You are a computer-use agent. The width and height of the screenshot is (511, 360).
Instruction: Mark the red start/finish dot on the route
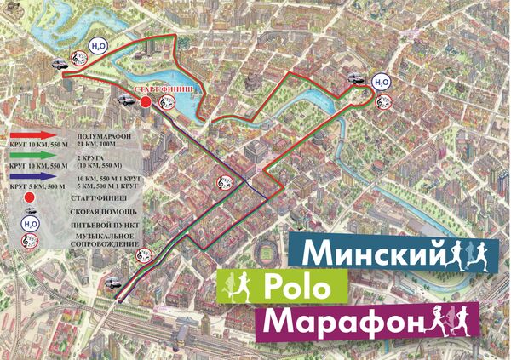[146, 103]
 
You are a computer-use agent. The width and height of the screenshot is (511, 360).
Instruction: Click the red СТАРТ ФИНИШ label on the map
[161, 89]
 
